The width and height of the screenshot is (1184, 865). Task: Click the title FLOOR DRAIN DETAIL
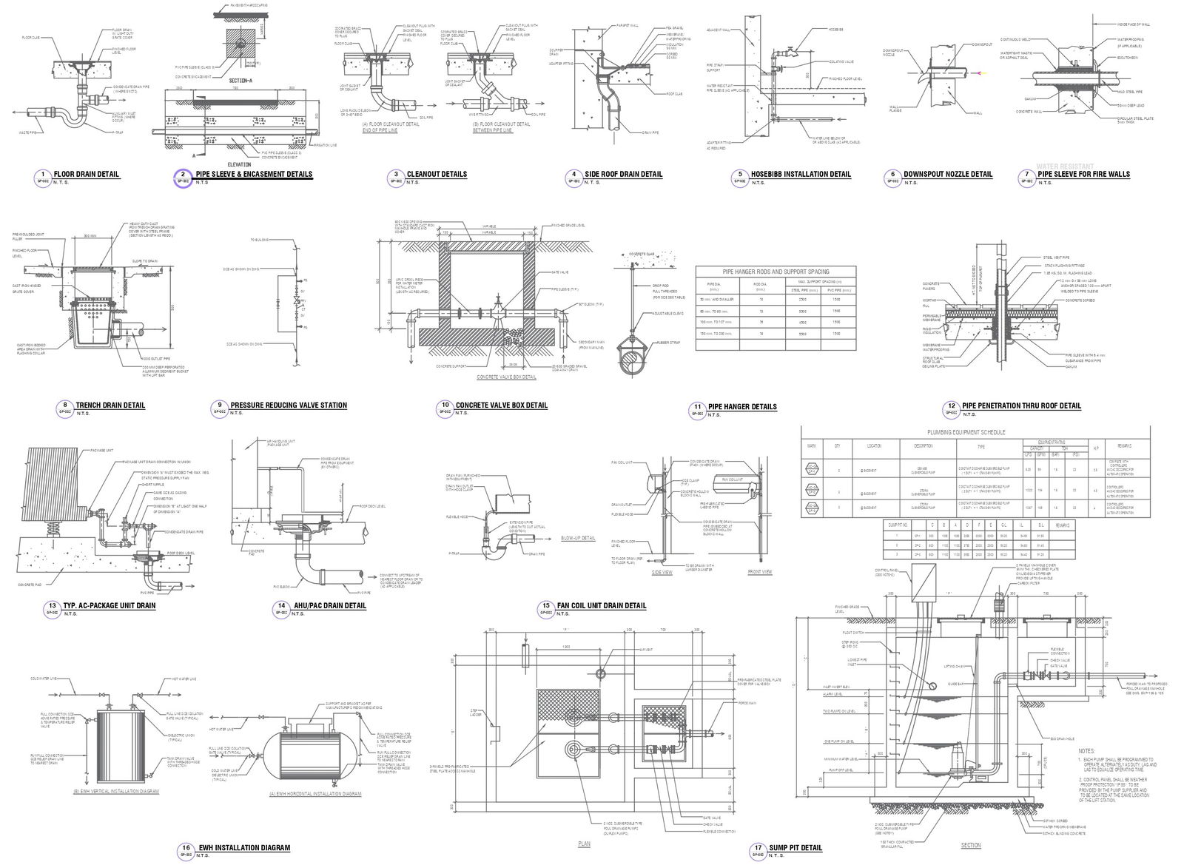coord(87,175)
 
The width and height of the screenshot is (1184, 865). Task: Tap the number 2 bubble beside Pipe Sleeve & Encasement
coord(182,175)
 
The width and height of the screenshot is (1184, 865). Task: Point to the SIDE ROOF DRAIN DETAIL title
coord(623,175)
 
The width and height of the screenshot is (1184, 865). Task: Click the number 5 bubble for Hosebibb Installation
coord(739,175)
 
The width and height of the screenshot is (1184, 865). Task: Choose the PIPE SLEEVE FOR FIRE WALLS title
coord(1083,175)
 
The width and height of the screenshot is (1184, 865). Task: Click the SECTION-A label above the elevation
coord(243,80)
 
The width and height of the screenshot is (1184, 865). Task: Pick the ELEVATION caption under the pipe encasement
coord(241,165)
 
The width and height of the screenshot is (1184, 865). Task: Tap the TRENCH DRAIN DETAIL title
coord(110,405)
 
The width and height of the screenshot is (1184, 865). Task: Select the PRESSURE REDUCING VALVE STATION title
coord(289,405)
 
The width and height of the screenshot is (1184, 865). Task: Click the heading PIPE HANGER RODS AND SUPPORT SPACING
coord(776,272)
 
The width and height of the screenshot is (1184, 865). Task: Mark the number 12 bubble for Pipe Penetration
coord(952,406)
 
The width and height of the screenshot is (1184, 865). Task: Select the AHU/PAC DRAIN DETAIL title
coord(329,606)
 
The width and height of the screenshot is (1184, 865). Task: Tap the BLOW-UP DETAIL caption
coord(578,538)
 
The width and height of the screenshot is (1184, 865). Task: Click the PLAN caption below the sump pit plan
coord(585,844)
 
